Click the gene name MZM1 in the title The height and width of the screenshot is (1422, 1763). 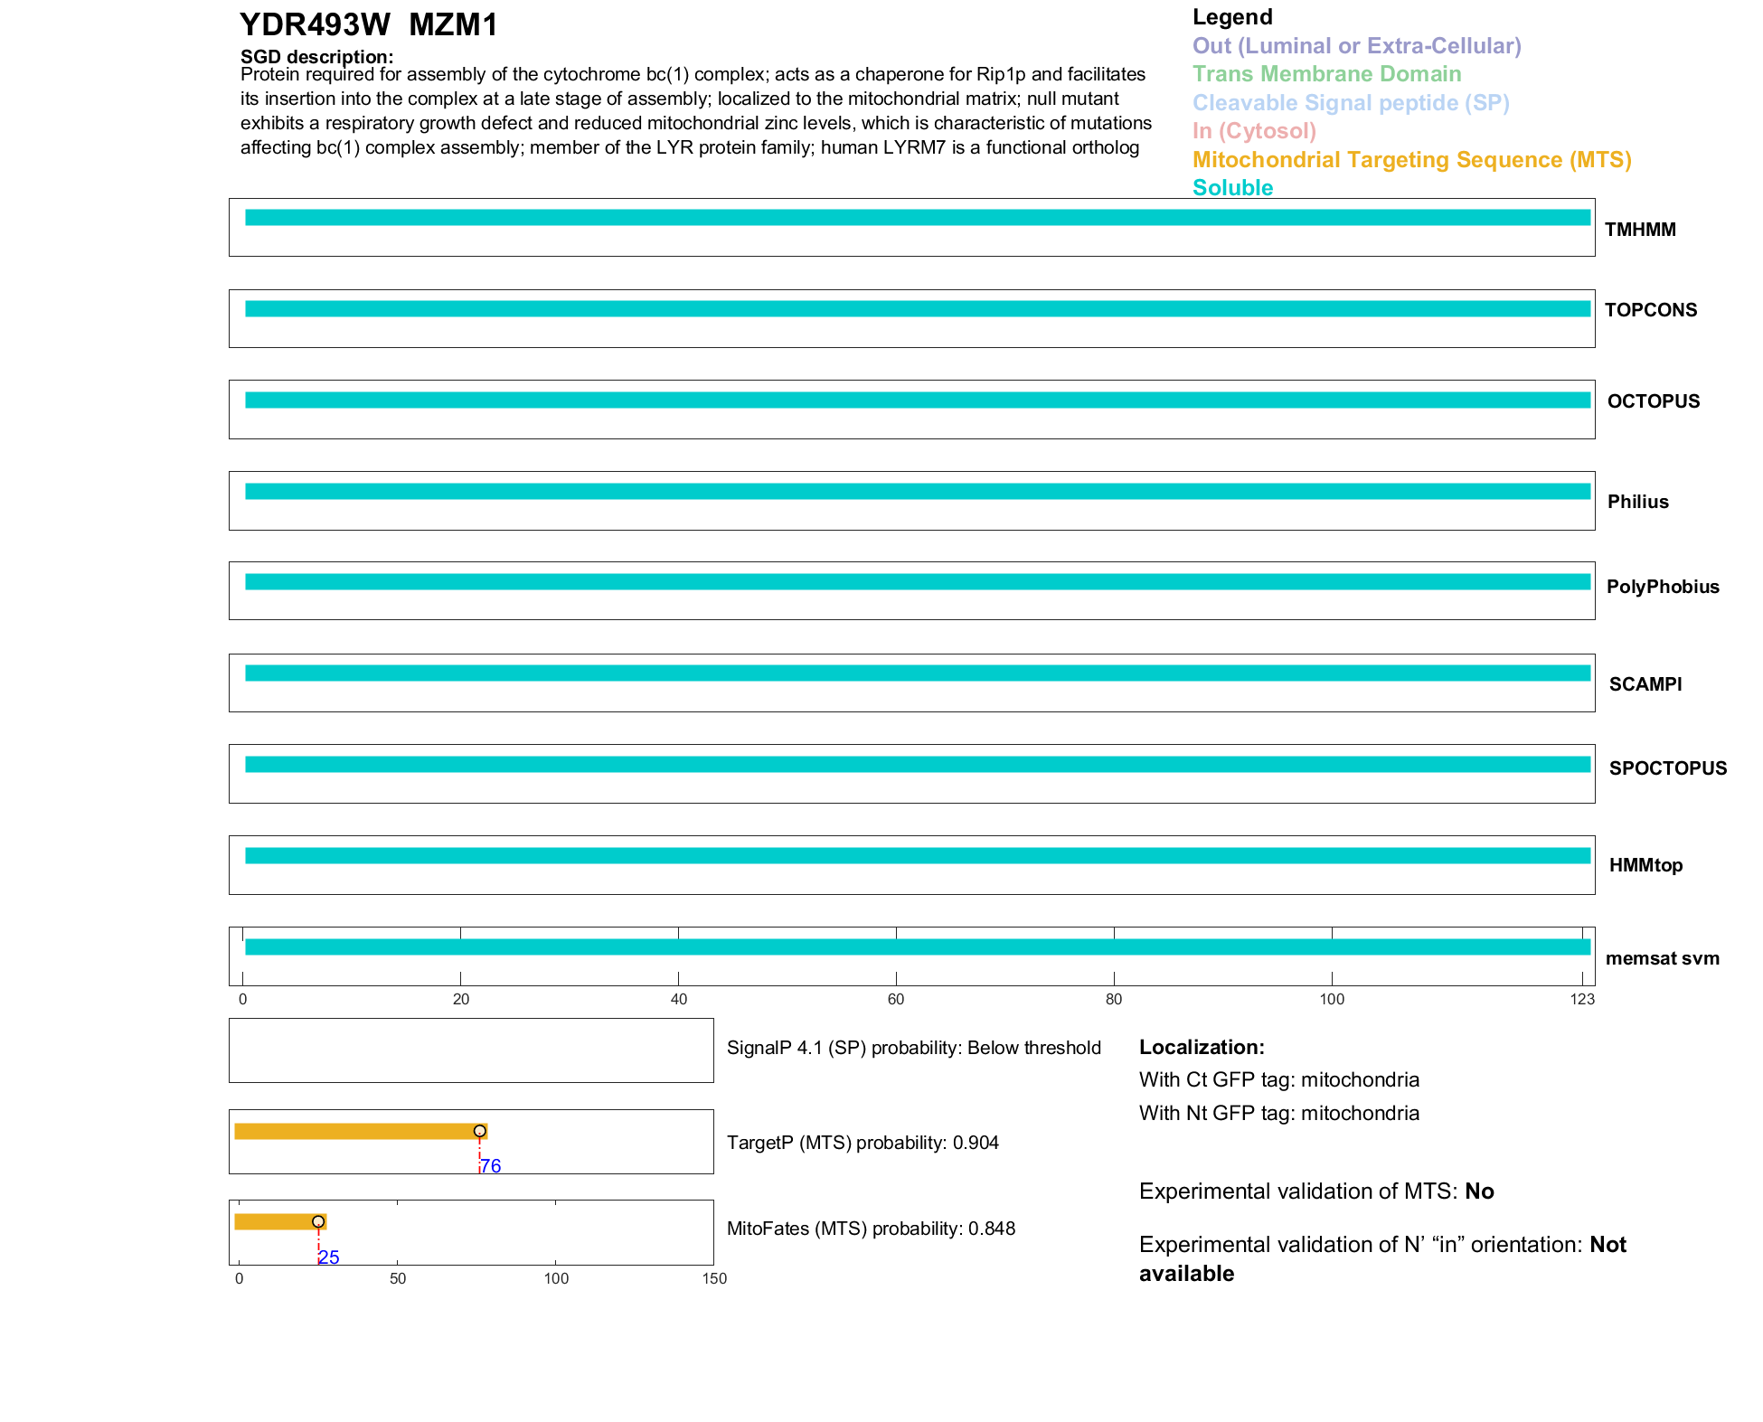pyautogui.click(x=453, y=25)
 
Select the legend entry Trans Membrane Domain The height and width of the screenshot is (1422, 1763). pyautogui.click(x=1326, y=74)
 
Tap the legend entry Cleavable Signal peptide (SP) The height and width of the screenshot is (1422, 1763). pyautogui.click(x=1351, y=103)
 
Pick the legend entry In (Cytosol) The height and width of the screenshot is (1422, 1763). pyautogui.click(x=1254, y=131)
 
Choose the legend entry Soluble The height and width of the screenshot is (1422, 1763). pyautogui.click(x=1232, y=188)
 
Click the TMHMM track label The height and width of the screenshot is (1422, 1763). pyautogui.click(x=1640, y=230)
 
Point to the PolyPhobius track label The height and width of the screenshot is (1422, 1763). pyautogui.click(x=1663, y=587)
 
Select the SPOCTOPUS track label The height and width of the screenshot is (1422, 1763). pyautogui.click(x=1667, y=768)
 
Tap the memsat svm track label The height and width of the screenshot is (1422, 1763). pyautogui.click(x=1662, y=958)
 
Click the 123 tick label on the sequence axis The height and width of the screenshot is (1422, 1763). pyautogui.click(x=1582, y=999)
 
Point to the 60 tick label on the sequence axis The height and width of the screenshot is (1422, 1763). pyautogui.click(x=896, y=999)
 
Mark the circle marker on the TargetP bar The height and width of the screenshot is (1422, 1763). pyautogui.click(x=480, y=1131)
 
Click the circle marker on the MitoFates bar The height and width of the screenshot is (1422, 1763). pyautogui.click(x=318, y=1222)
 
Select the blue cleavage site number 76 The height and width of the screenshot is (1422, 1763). pyautogui.click(x=491, y=1166)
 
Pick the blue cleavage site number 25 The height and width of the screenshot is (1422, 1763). pyautogui.click(x=329, y=1257)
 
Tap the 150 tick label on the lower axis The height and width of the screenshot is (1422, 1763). pyautogui.click(x=714, y=1278)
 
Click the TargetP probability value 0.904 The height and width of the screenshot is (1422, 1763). pyautogui.click(x=976, y=1143)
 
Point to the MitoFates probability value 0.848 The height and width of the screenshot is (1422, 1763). pyautogui.click(x=992, y=1229)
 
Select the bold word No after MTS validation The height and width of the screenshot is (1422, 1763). pyautogui.click(x=1479, y=1191)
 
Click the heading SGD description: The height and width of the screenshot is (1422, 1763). pyautogui.click(x=316, y=57)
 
